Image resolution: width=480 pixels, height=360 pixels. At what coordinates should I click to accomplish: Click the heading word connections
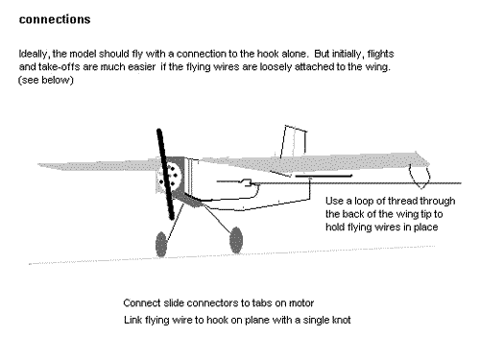point(55,19)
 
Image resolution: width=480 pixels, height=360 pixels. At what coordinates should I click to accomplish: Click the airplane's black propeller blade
point(165,174)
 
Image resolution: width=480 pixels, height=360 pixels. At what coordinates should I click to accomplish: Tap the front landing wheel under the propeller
point(161,244)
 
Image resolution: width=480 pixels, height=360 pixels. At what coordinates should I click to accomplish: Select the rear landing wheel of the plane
point(236,240)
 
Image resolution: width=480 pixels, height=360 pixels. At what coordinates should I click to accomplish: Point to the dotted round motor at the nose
point(171,176)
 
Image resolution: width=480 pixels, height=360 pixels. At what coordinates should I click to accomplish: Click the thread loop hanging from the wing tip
point(420,176)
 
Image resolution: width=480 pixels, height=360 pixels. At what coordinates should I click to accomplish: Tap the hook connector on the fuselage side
point(247,182)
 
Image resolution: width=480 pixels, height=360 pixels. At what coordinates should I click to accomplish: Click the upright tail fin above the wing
point(294,141)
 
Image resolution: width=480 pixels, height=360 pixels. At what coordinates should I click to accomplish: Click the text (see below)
point(46,80)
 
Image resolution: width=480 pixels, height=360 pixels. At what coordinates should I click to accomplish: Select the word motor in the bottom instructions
point(301,303)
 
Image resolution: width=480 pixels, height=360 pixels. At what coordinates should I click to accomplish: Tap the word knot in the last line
point(342,320)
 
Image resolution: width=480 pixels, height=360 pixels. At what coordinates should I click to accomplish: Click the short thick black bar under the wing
point(324,176)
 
